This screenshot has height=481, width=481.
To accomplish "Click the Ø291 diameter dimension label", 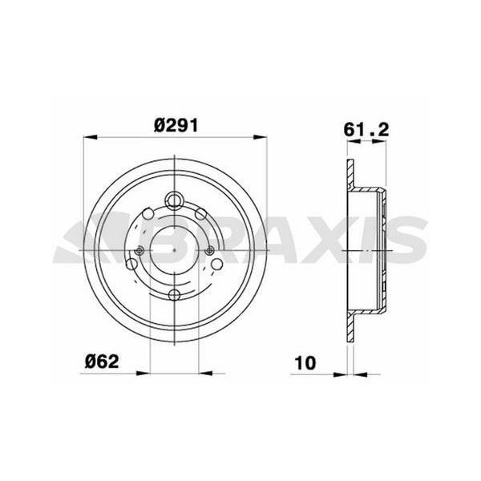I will coord(176,124).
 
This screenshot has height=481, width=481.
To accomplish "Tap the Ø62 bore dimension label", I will coord(102,361).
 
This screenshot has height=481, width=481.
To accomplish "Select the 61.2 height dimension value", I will coord(366,127).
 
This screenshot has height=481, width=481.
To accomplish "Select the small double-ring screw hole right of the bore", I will coord(211,251).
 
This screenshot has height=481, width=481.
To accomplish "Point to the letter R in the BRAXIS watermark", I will coord(229,239).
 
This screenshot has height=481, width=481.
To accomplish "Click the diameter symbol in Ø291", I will coord(160,124).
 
